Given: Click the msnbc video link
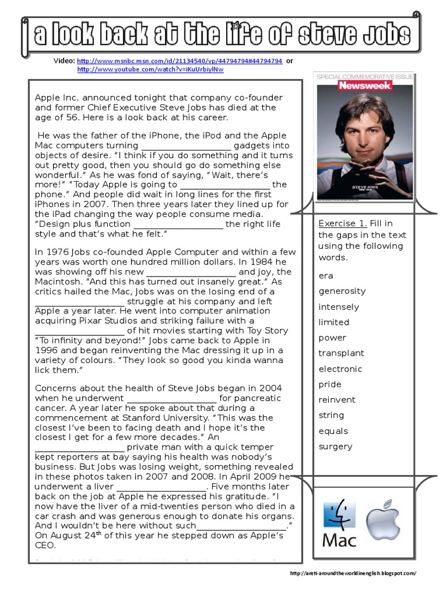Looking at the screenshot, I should coord(179,61).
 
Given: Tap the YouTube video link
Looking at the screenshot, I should coord(150,69).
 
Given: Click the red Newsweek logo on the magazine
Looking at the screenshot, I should coord(365,85).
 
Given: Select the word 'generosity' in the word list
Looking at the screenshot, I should coord(342,291).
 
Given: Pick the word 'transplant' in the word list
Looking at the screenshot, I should coord(341,353).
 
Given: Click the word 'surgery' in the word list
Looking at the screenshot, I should coord(335,446).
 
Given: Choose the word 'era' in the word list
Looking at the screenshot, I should coord(326,275).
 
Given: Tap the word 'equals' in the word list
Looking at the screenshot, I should coord(333,431).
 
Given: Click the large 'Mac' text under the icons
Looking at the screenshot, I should coord(339,540).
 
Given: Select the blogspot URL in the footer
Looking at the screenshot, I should coord(352,573).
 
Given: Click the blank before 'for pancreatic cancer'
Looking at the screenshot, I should coord(171,398).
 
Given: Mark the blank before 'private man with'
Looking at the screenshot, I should coord(80,447).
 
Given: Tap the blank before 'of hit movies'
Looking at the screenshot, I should coord(80,331).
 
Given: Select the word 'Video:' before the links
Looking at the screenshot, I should coord(64,61).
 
